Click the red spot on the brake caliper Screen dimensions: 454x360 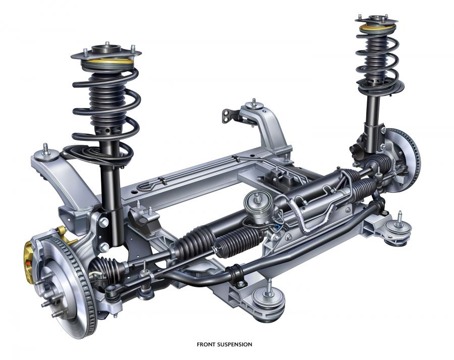[x=28, y=264]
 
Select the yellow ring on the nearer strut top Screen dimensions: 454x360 [x=108, y=62]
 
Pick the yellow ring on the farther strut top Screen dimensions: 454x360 [x=377, y=28]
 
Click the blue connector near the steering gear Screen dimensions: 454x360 [x=278, y=227]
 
